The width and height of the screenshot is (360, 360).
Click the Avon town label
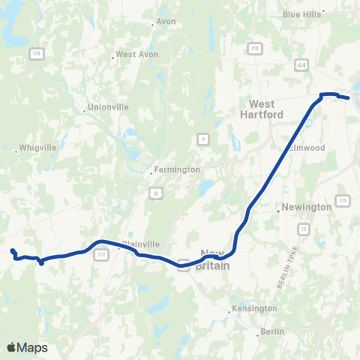[166, 22]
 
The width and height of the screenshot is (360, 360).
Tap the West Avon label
[135, 55]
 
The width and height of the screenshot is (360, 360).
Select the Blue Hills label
[301, 13]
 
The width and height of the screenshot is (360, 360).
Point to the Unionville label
[109, 107]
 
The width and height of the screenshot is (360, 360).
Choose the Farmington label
[178, 169]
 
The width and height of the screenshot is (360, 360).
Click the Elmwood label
[308, 148]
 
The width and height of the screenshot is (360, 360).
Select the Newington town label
[305, 208]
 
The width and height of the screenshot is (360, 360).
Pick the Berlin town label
[271, 331]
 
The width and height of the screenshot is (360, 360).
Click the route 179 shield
[37, 52]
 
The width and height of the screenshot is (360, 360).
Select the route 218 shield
[255, 49]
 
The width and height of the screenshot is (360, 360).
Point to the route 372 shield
[100, 256]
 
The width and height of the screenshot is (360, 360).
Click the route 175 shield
[343, 200]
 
